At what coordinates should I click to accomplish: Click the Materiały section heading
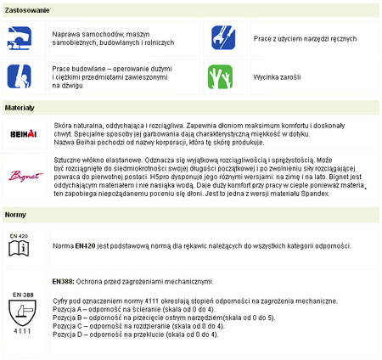(x=20, y=109)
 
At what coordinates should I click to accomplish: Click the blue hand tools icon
(x=223, y=37)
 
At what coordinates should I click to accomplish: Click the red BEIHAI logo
(x=22, y=134)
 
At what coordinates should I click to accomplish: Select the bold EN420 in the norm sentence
(x=83, y=246)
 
